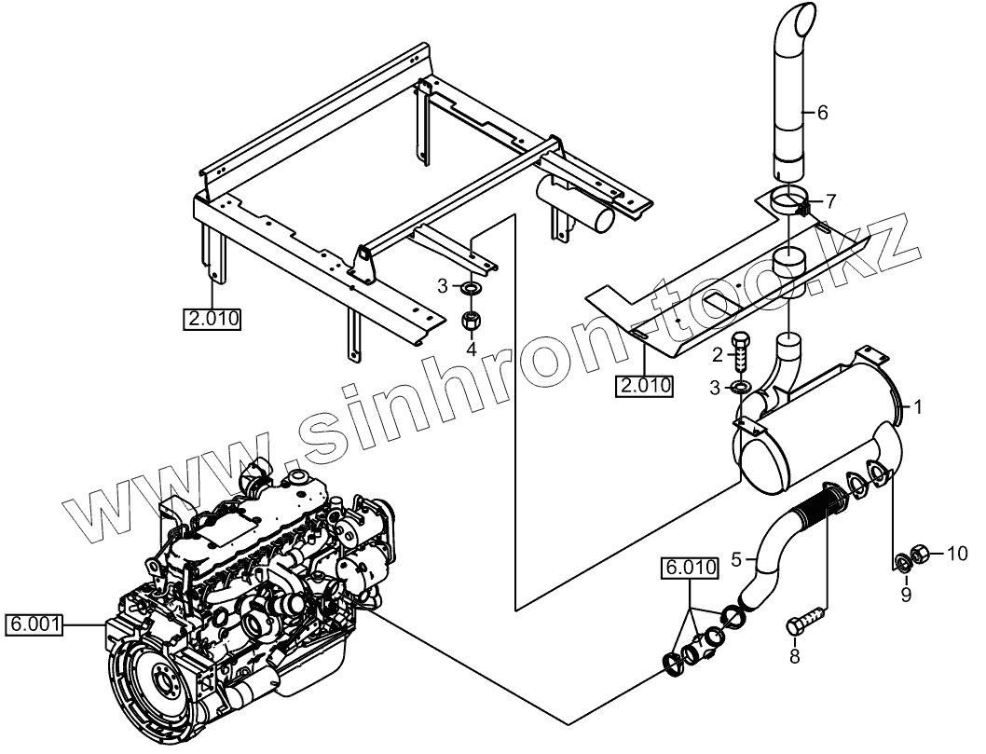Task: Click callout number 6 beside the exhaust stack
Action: (821, 113)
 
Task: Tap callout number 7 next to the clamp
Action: (831, 200)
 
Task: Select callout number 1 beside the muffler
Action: (918, 406)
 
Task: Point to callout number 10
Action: (957, 555)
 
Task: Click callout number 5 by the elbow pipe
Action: (736, 559)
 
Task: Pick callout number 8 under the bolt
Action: (794, 656)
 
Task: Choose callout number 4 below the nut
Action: (472, 350)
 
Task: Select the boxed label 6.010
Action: (690, 567)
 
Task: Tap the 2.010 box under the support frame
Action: (212, 319)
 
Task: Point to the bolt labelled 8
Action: (804, 619)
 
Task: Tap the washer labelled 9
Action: (902, 562)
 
